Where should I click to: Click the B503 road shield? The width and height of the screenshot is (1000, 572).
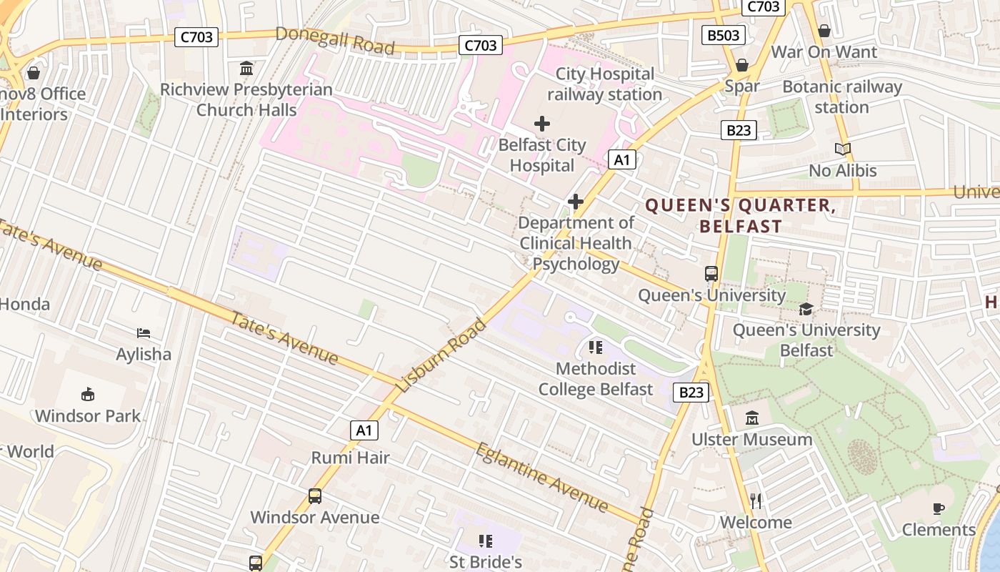click(x=724, y=35)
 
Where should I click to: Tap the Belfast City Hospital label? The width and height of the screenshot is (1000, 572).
click(x=542, y=155)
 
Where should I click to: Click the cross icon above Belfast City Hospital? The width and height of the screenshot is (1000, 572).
click(x=542, y=124)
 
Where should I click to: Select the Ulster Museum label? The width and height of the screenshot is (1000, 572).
click(x=751, y=439)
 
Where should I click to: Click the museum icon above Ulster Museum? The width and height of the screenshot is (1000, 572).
click(x=751, y=418)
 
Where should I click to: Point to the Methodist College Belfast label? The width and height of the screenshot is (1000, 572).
click(x=596, y=379)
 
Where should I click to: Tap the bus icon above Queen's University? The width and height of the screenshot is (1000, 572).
click(x=711, y=273)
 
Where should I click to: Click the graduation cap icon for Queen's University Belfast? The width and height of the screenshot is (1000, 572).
click(x=806, y=309)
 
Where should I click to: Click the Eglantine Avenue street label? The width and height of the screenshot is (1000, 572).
click(x=542, y=478)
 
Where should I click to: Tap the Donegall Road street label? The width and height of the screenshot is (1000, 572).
click(x=334, y=40)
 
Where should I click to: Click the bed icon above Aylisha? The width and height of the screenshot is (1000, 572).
click(x=144, y=332)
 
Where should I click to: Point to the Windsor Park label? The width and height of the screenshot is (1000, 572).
click(x=88, y=415)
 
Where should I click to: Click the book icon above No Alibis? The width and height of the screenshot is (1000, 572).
click(x=843, y=149)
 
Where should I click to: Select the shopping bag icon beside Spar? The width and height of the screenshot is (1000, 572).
click(x=742, y=65)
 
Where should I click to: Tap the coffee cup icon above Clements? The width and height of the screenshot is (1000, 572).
click(x=939, y=508)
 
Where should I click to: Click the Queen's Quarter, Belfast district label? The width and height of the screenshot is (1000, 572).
click(x=741, y=216)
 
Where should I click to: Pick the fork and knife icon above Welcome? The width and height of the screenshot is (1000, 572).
click(x=756, y=500)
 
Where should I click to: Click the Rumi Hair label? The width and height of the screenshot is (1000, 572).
click(x=350, y=458)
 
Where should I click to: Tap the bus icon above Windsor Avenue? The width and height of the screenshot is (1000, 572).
click(x=314, y=495)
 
